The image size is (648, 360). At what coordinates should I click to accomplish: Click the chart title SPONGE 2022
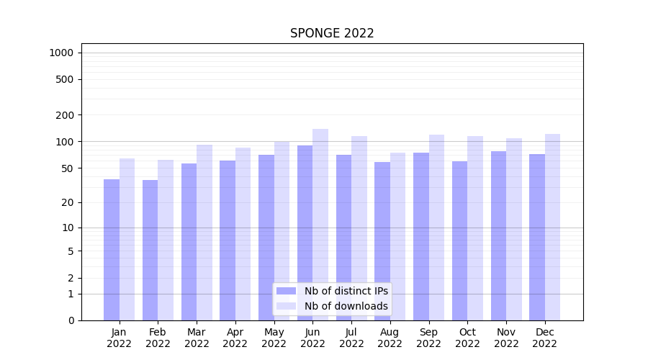click(332, 33)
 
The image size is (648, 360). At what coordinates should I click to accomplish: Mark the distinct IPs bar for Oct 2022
click(459, 240)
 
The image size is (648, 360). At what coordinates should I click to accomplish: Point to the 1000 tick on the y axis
click(61, 53)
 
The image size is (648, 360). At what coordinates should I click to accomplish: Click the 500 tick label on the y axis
click(64, 79)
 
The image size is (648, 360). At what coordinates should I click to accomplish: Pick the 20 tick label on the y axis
click(67, 202)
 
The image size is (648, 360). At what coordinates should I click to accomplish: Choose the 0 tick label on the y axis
click(71, 320)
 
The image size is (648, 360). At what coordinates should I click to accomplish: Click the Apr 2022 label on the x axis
click(235, 338)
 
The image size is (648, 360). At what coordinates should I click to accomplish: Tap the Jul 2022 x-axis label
click(351, 338)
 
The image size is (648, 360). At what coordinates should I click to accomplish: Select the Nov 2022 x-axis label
click(506, 338)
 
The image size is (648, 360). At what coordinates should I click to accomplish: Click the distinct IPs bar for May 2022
click(266, 238)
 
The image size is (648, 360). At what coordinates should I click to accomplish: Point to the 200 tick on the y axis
click(64, 115)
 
